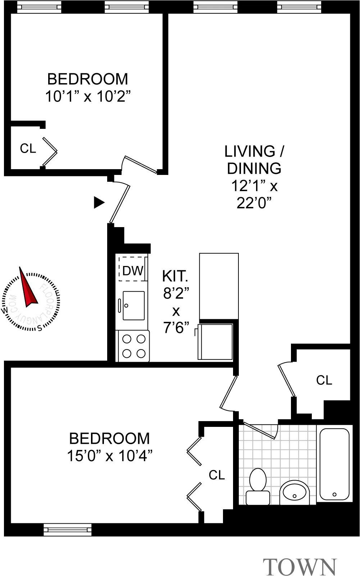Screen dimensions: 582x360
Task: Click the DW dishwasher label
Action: (x=133, y=271)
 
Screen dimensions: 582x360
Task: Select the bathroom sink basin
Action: (x=295, y=492)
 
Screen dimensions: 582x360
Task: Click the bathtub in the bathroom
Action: (x=334, y=464)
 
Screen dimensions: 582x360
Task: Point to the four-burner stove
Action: (x=133, y=346)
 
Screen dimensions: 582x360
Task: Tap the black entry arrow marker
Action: (x=99, y=203)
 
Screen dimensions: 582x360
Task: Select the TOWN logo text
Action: (x=300, y=568)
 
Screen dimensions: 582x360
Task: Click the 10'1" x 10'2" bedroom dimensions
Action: (x=87, y=96)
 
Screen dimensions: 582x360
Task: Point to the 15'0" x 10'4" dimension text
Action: (x=110, y=456)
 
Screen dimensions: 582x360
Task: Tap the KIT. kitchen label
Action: (x=175, y=276)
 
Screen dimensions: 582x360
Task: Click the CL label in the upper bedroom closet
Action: (x=28, y=148)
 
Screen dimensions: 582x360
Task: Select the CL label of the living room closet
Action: (x=324, y=380)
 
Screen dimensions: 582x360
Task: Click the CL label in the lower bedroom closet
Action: (x=217, y=475)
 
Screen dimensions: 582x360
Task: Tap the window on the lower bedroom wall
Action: (x=68, y=529)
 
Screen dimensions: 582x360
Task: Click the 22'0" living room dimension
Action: (x=254, y=203)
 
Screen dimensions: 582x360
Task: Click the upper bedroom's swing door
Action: (x=140, y=164)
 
